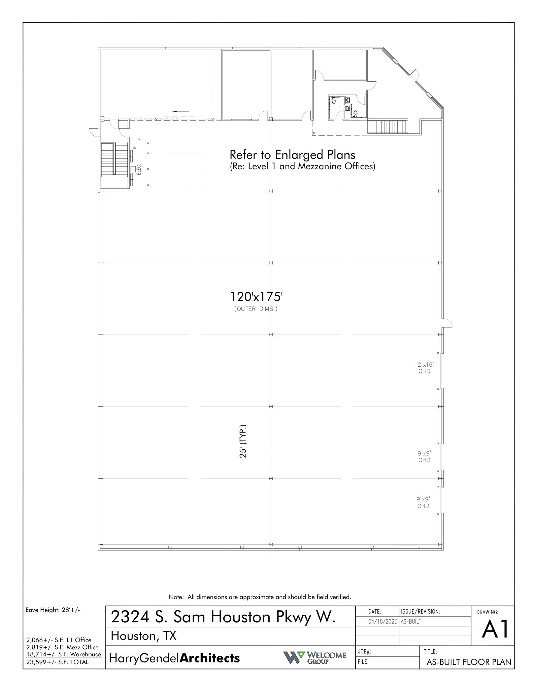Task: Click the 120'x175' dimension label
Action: tap(256, 297)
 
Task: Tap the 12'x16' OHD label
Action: tap(424, 368)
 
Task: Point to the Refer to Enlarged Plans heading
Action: tap(292, 155)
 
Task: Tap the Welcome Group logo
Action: tap(314, 657)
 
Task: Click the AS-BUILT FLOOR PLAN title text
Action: tap(469, 662)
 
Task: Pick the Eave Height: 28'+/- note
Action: tap(53, 610)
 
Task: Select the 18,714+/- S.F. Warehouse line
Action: tap(64, 654)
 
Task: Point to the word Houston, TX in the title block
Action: tap(143, 636)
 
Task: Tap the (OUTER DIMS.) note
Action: tap(256, 309)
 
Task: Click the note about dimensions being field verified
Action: tap(260, 597)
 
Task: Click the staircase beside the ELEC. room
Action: tap(114, 158)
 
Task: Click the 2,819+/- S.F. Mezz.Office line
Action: tap(62, 647)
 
